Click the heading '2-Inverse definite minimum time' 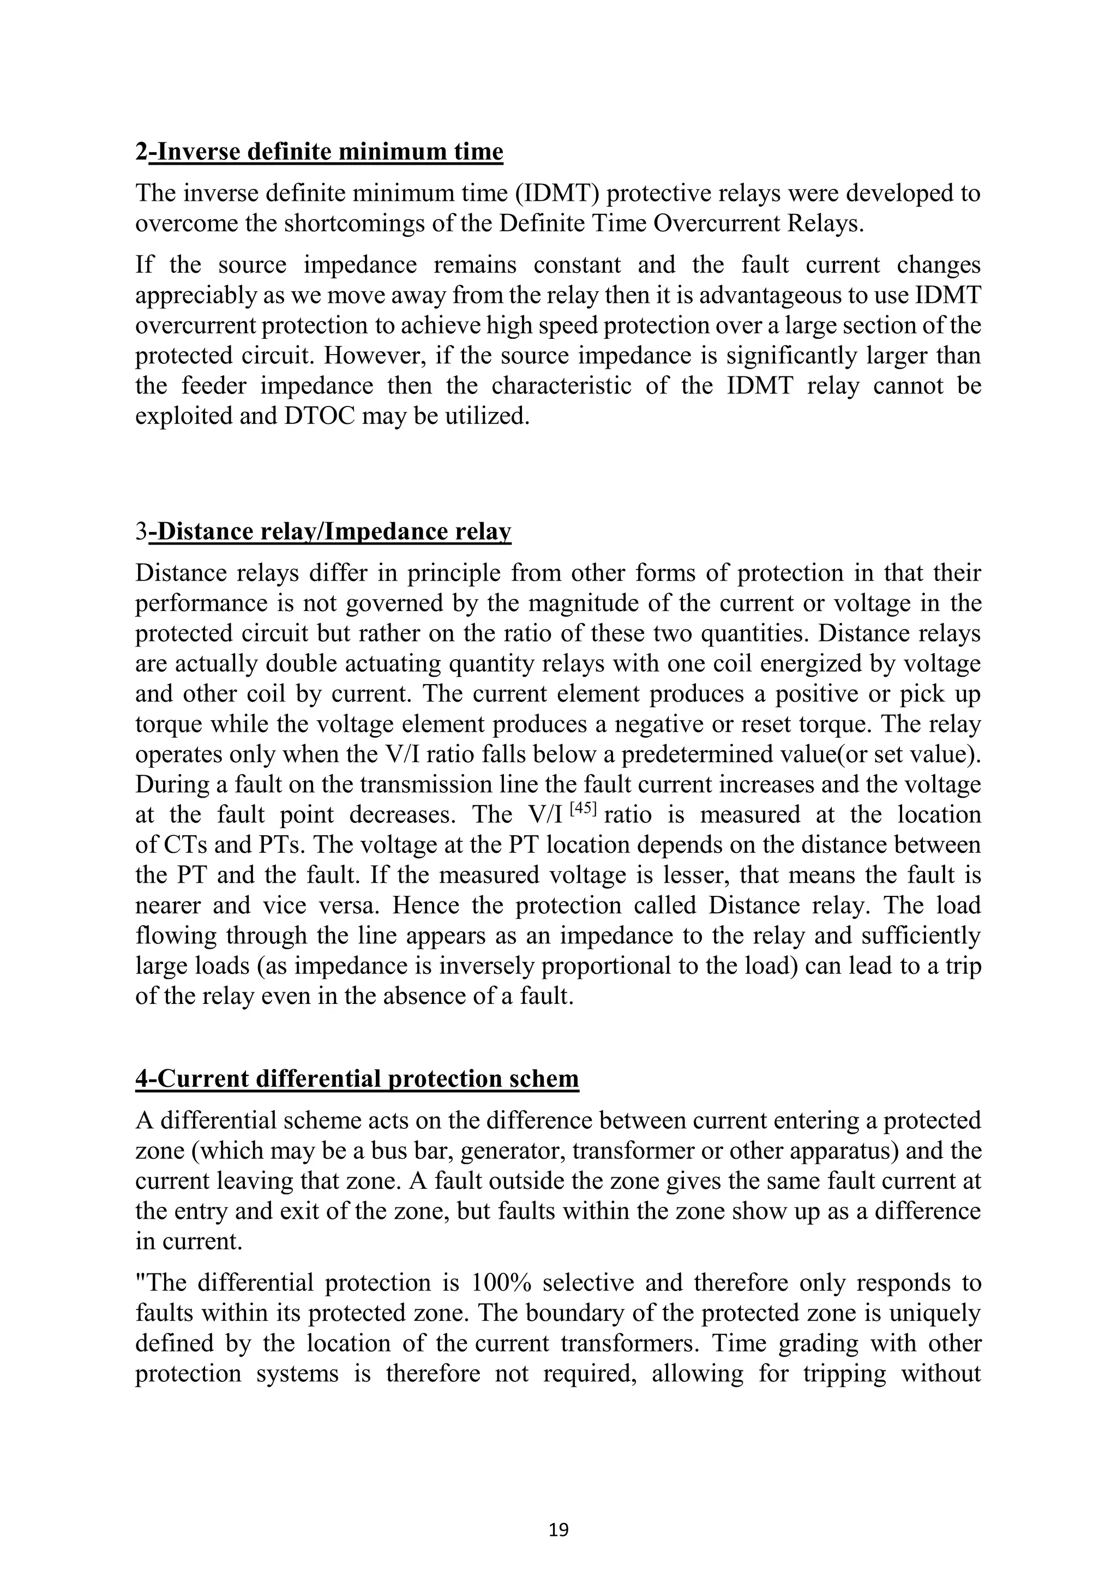[x=319, y=151]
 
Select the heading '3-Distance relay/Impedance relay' [x=323, y=532]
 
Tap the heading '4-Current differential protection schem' [x=357, y=1078]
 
